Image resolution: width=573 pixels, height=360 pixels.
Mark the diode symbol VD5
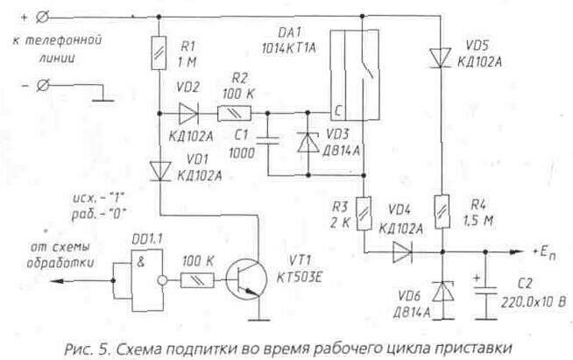tap(441, 58)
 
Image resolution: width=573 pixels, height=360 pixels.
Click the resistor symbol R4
tap(441, 210)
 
